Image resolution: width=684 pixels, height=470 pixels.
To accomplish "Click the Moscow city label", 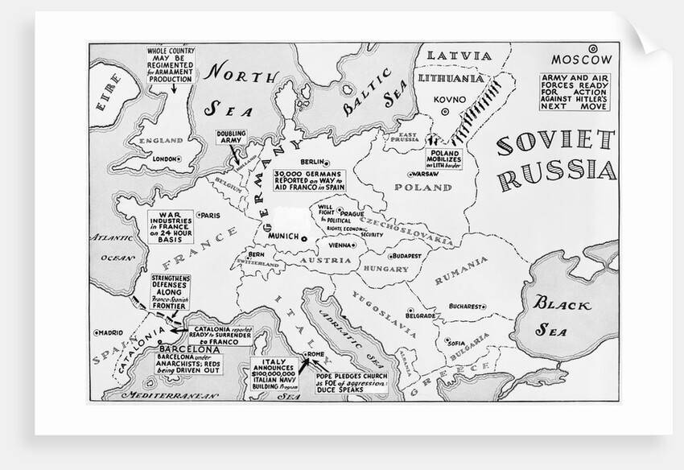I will pyautogui.click(x=583, y=59).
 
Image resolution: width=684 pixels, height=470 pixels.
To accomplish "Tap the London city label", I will pyautogui.click(x=164, y=159).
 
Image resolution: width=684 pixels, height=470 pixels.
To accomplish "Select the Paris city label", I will pyautogui.click(x=211, y=215).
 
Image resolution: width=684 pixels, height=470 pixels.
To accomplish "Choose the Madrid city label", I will pyautogui.click(x=113, y=332).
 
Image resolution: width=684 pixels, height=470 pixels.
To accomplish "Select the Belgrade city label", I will pyautogui.click(x=424, y=315).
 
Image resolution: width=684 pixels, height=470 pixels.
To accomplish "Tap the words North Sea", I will pyautogui.click(x=241, y=89).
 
